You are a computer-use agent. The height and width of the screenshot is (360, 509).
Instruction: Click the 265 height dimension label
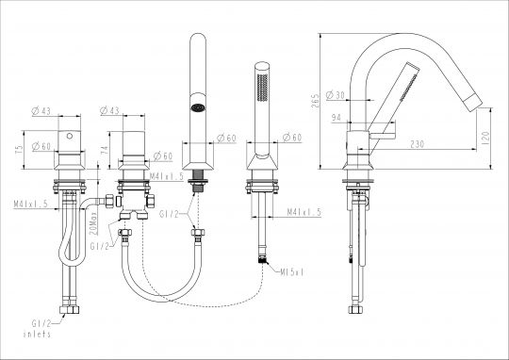pyautogui.click(x=316, y=100)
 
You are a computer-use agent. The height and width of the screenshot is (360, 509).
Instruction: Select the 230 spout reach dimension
pyautogui.click(x=418, y=144)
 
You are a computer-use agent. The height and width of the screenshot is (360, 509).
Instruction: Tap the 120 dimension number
pyautogui.click(x=485, y=138)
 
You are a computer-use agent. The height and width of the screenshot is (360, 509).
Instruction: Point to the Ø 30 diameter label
pyautogui.click(x=335, y=95)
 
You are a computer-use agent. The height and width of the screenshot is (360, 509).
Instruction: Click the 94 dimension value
pyautogui.click(x=337, y=118)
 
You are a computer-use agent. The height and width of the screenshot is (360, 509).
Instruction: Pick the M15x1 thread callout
pyautogui.click(x=292, y=272)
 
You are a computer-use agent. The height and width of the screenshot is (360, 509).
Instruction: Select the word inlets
pyautogui.click(x=37, y=334)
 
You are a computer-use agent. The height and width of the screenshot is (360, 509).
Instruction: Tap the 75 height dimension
pyautogui.click(x=20, y=149)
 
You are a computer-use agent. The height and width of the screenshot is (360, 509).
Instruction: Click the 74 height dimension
pyautogui.click(x=105, y=150)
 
